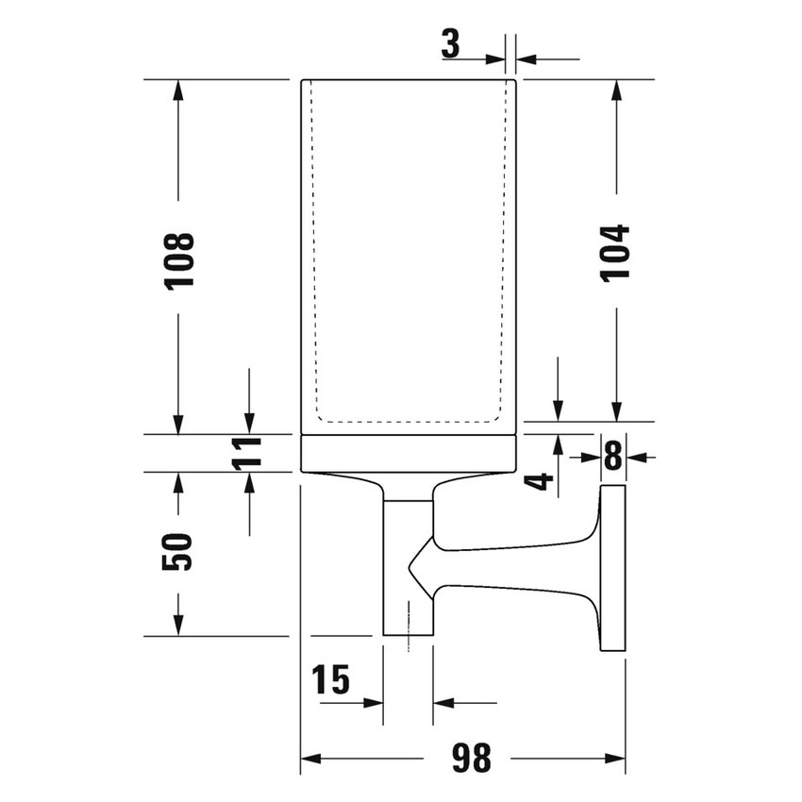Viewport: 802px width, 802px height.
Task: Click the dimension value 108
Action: tap(178, 260)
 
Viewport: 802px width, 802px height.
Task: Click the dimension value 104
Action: tap(615, 252)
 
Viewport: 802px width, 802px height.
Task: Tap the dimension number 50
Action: tap(177, 551)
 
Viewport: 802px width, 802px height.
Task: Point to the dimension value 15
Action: tap(330, 678)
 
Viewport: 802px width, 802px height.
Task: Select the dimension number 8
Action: tap(613, 458)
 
